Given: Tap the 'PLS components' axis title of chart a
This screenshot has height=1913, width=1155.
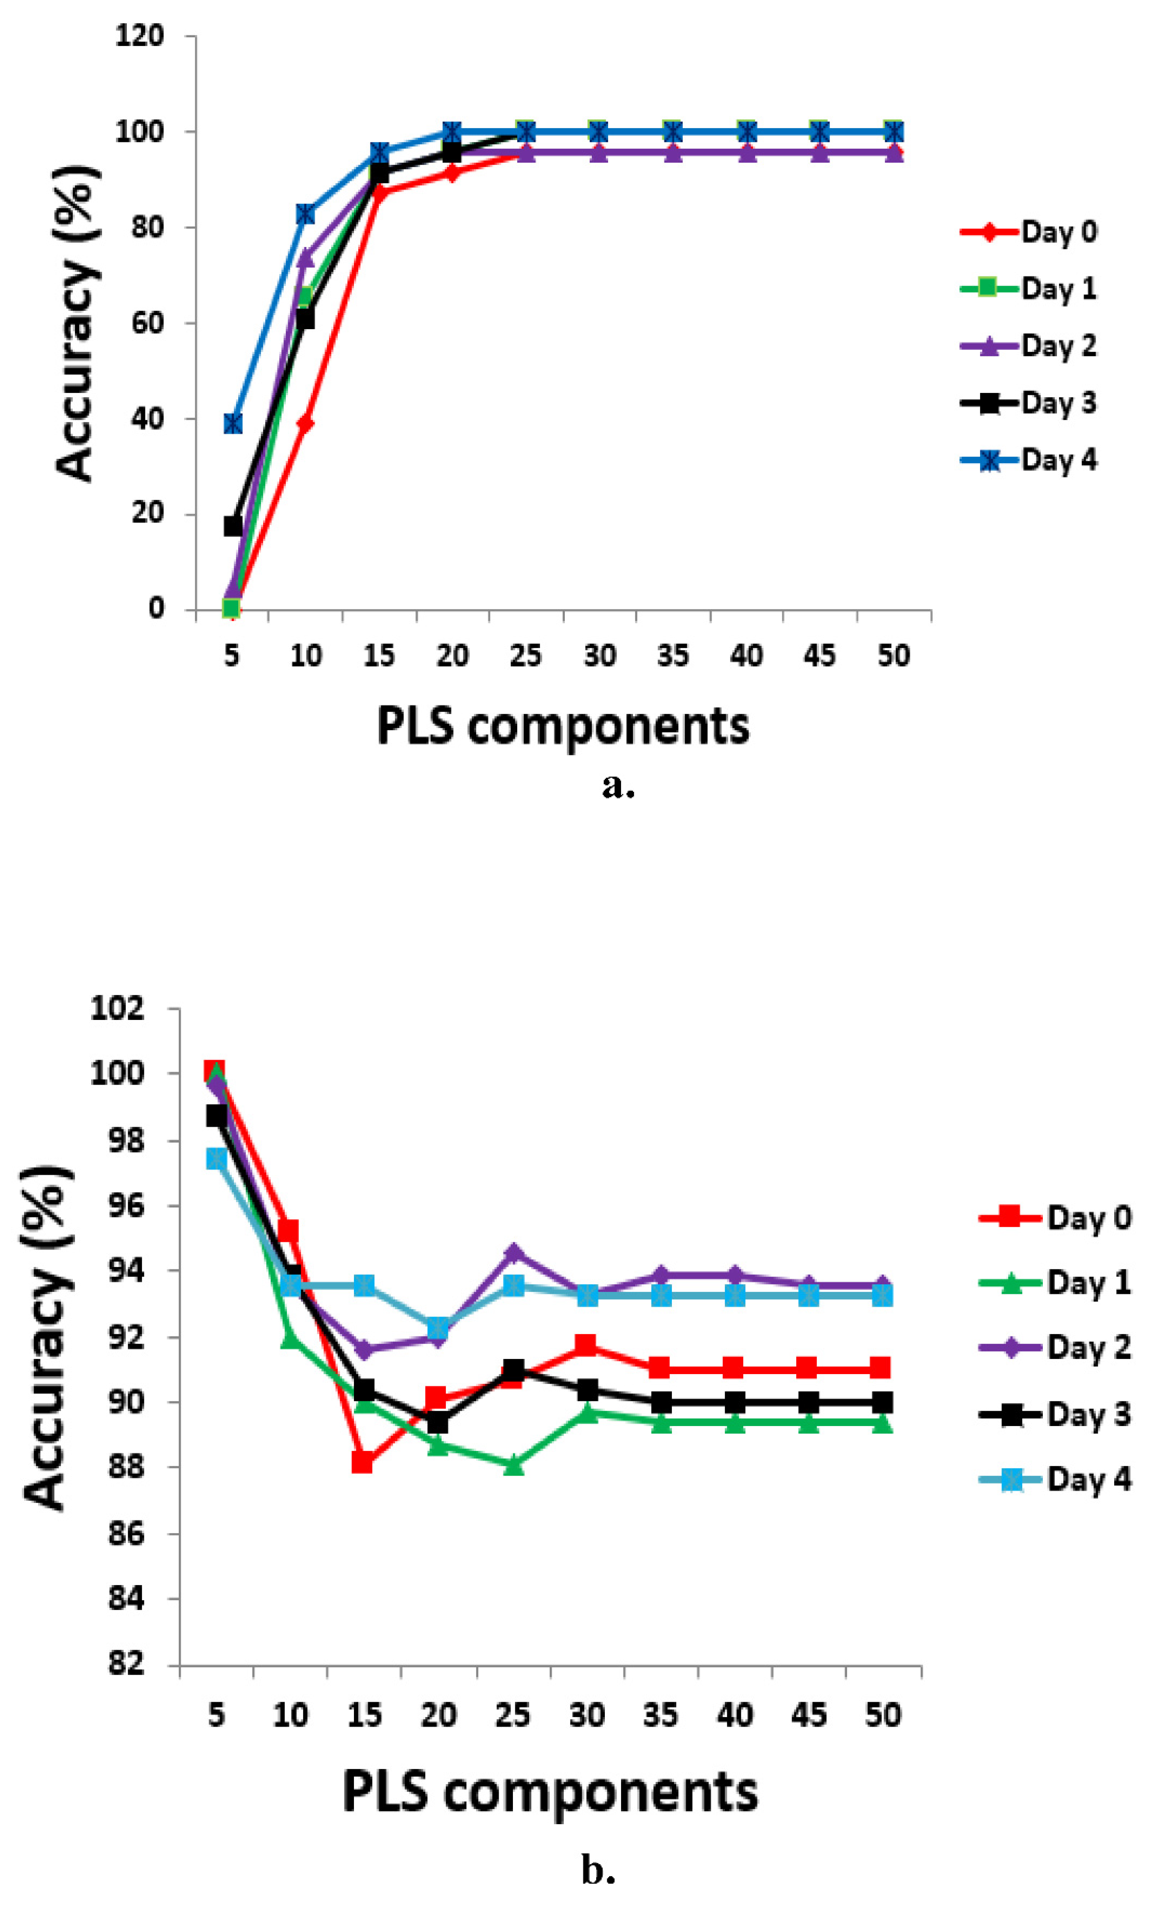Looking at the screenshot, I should point(563,726).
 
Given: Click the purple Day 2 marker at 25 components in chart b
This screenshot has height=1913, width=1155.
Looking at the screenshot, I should point(513,1253).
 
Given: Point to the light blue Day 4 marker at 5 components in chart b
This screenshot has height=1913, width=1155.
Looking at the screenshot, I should point(216,1159).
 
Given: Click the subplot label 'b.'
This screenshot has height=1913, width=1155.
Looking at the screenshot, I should point(599,1870).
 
